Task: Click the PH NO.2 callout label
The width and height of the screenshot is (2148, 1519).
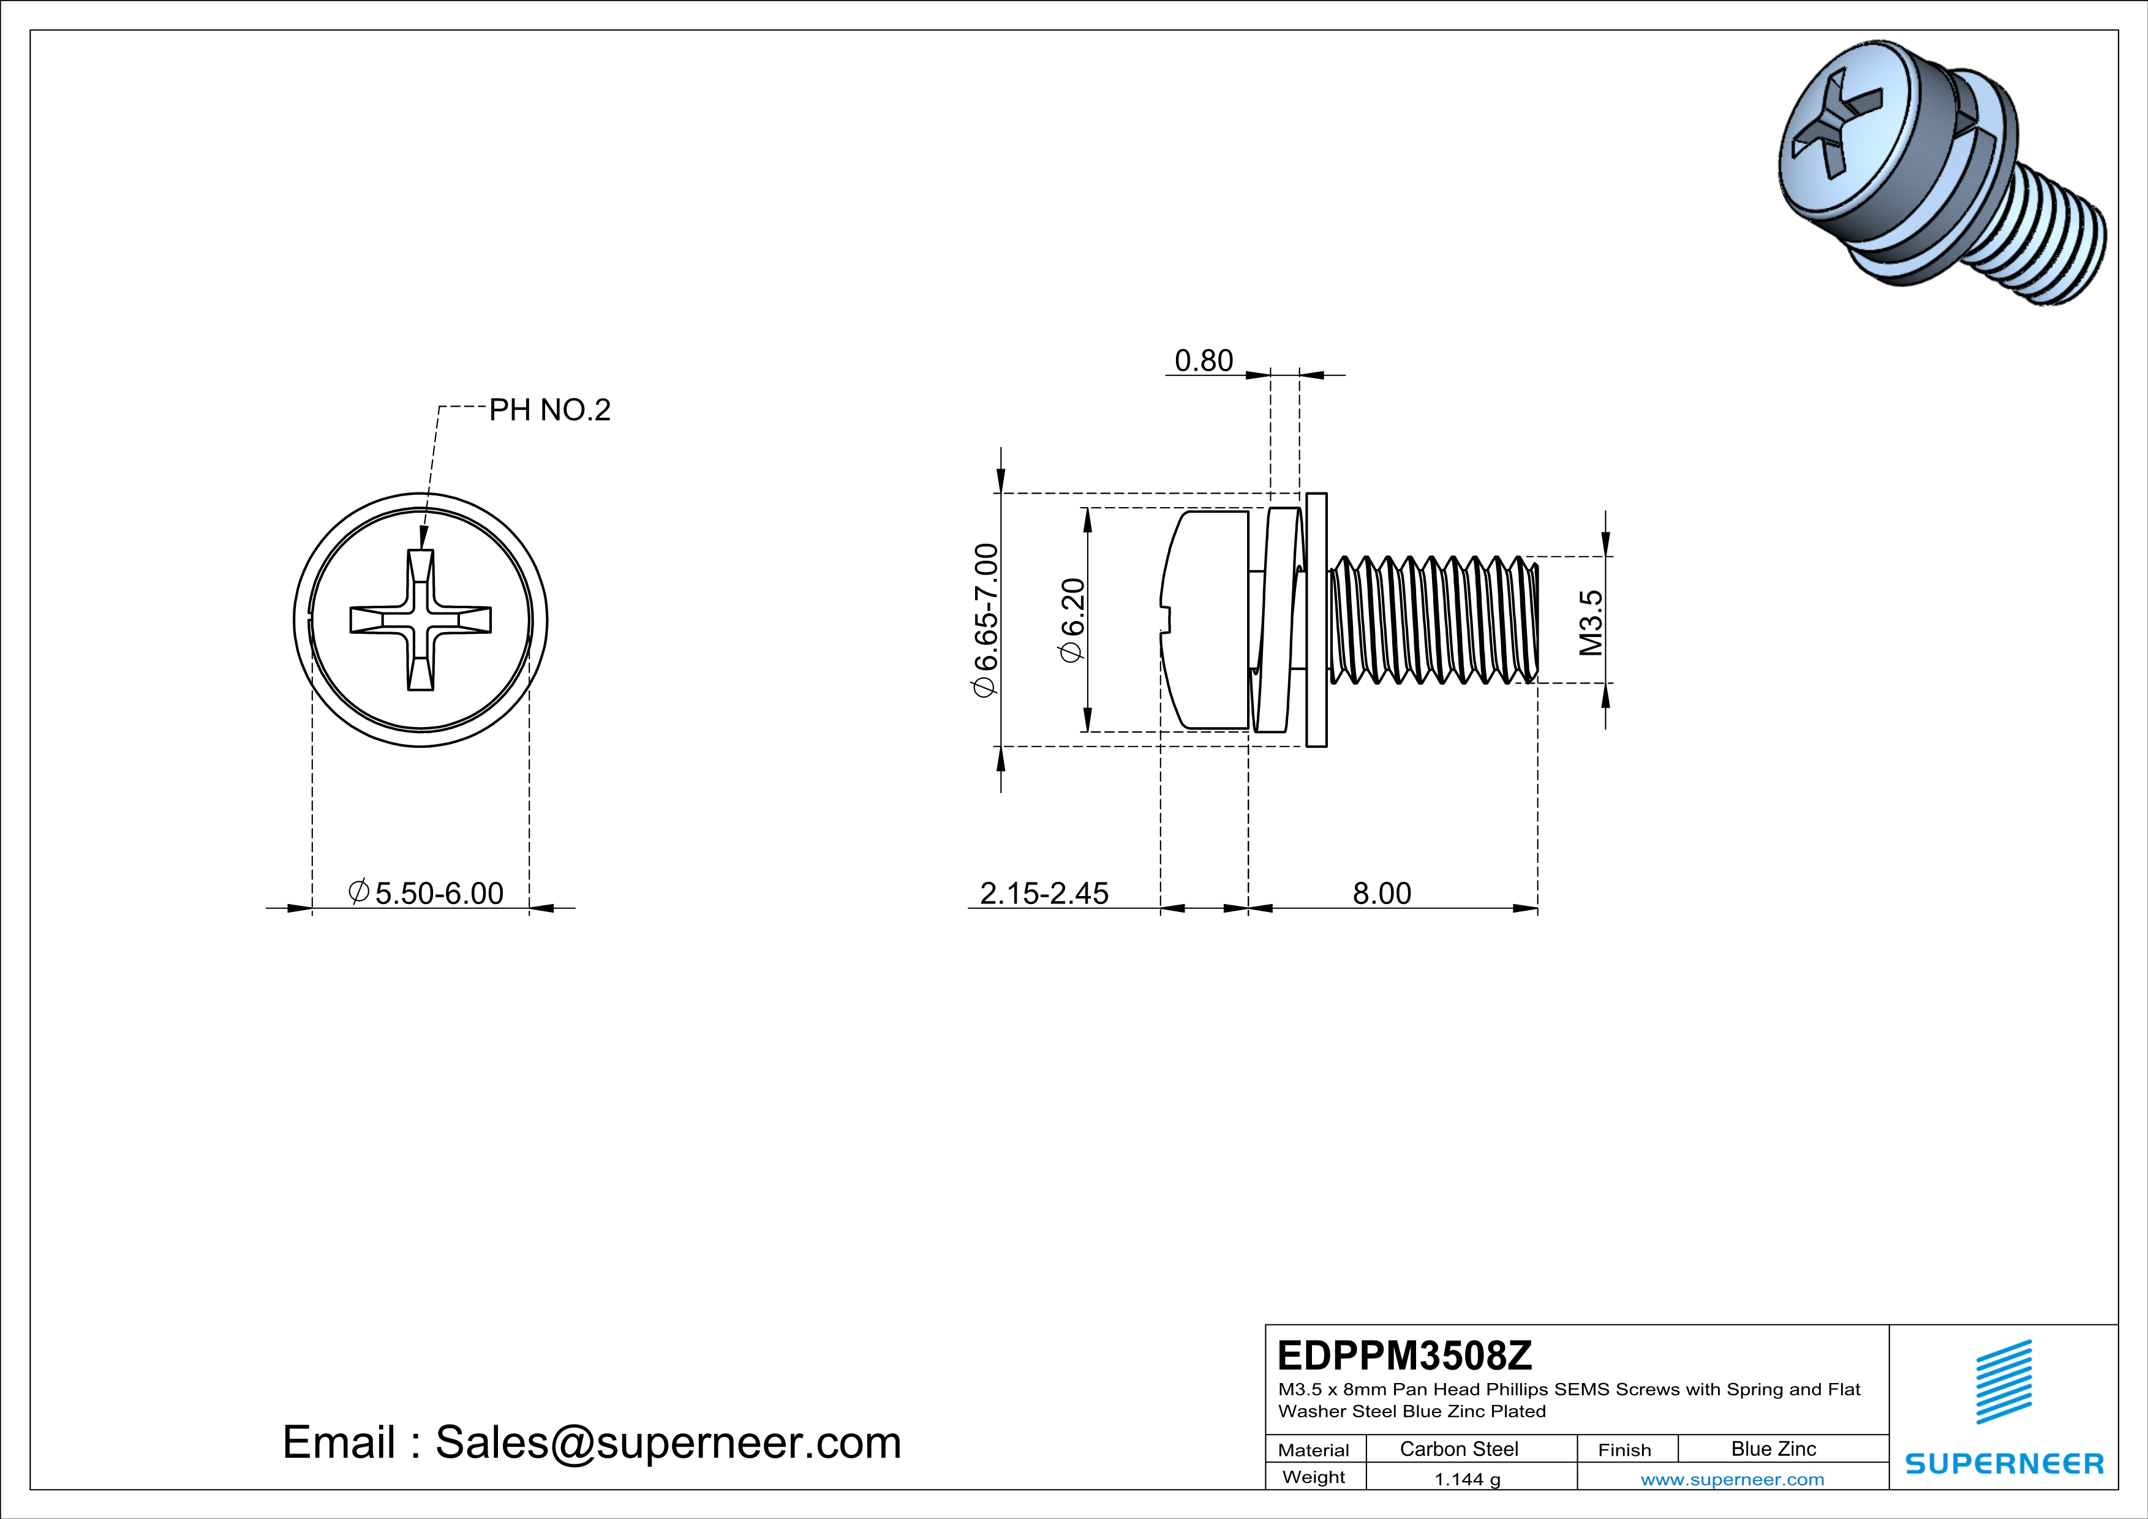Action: pyautogui.click(x=549, y=410)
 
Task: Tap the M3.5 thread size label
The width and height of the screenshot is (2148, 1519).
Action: pyautogui.click(x=1591, y=622)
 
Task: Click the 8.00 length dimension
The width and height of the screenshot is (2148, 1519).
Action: pyautogui.click(x=1382, y=893)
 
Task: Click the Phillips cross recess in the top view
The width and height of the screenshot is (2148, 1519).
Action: pyautogui.click(x=421, y=620)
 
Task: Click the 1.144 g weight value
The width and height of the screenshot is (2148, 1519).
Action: pyautogui.click(x=1467, y=1479)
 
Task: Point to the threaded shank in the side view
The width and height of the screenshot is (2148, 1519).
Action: pyautogui.click(x=1431, y=620)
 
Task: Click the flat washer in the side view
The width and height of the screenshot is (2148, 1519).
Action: pyautogui.click(x=1316, y=620)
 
